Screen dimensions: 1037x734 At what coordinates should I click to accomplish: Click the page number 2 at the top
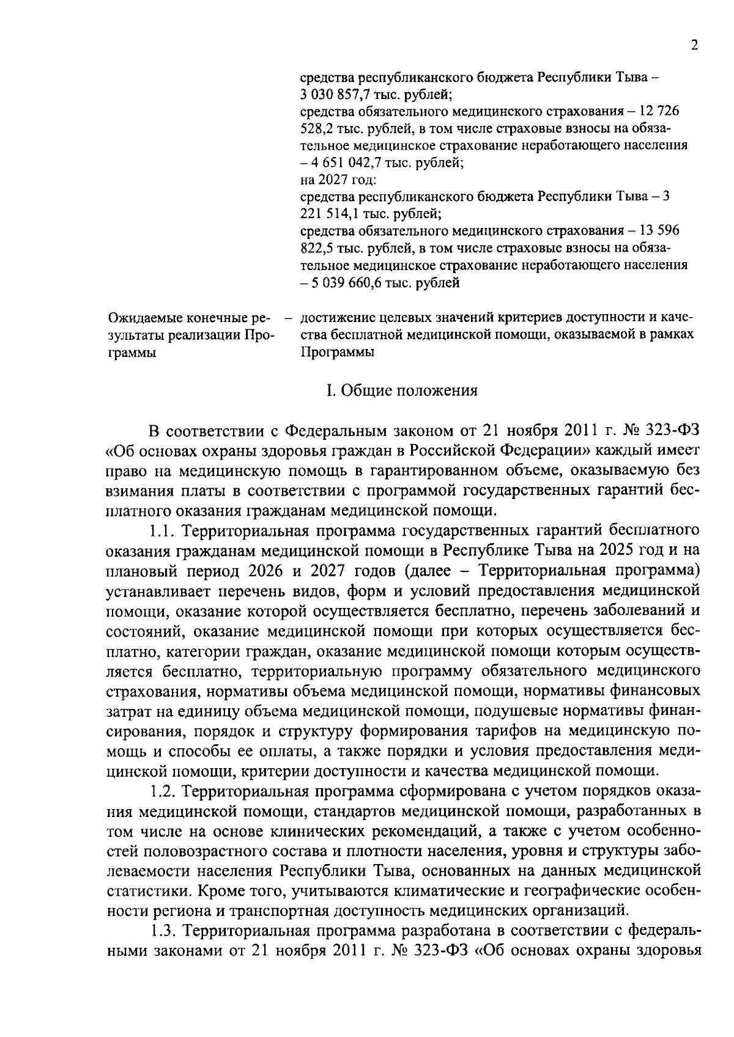coord(694,45)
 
